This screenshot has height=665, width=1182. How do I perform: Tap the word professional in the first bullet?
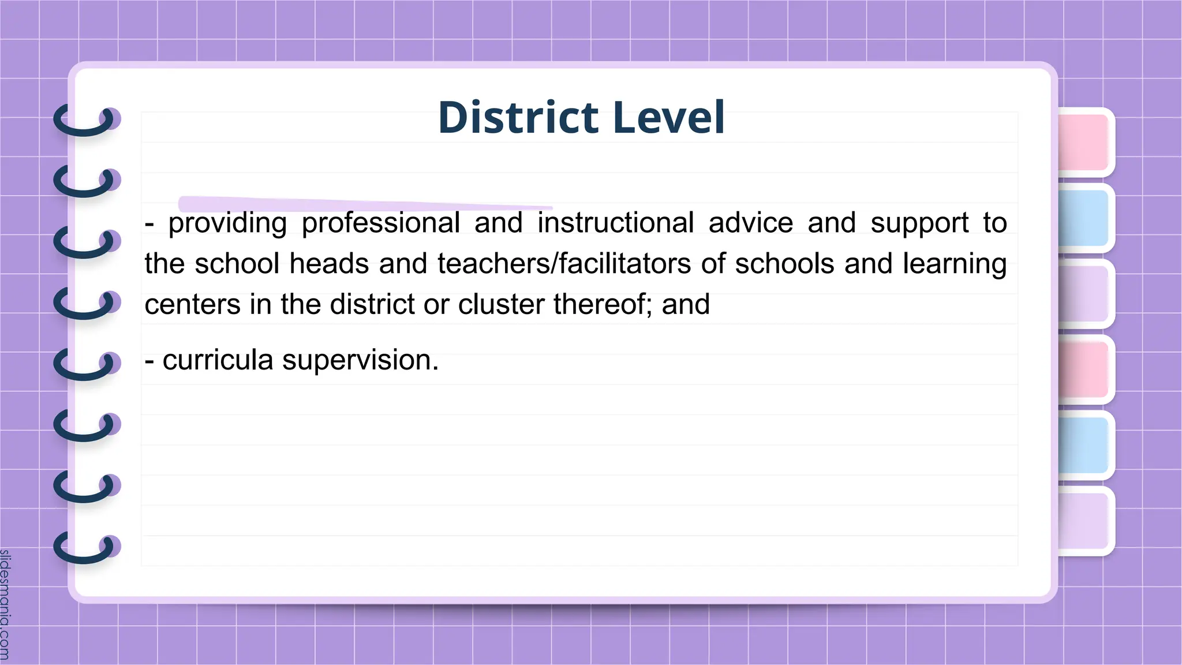380,223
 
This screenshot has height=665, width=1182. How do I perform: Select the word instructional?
615,223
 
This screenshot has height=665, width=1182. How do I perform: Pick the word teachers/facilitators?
564,264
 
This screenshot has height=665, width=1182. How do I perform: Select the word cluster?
500,304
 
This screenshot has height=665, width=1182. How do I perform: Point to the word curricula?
218,360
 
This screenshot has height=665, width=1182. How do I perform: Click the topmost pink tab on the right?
1084,142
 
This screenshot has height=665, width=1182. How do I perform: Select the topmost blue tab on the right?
1084,218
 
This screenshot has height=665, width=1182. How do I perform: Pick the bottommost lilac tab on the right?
1084,521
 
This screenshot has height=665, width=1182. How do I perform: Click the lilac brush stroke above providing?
364,203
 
